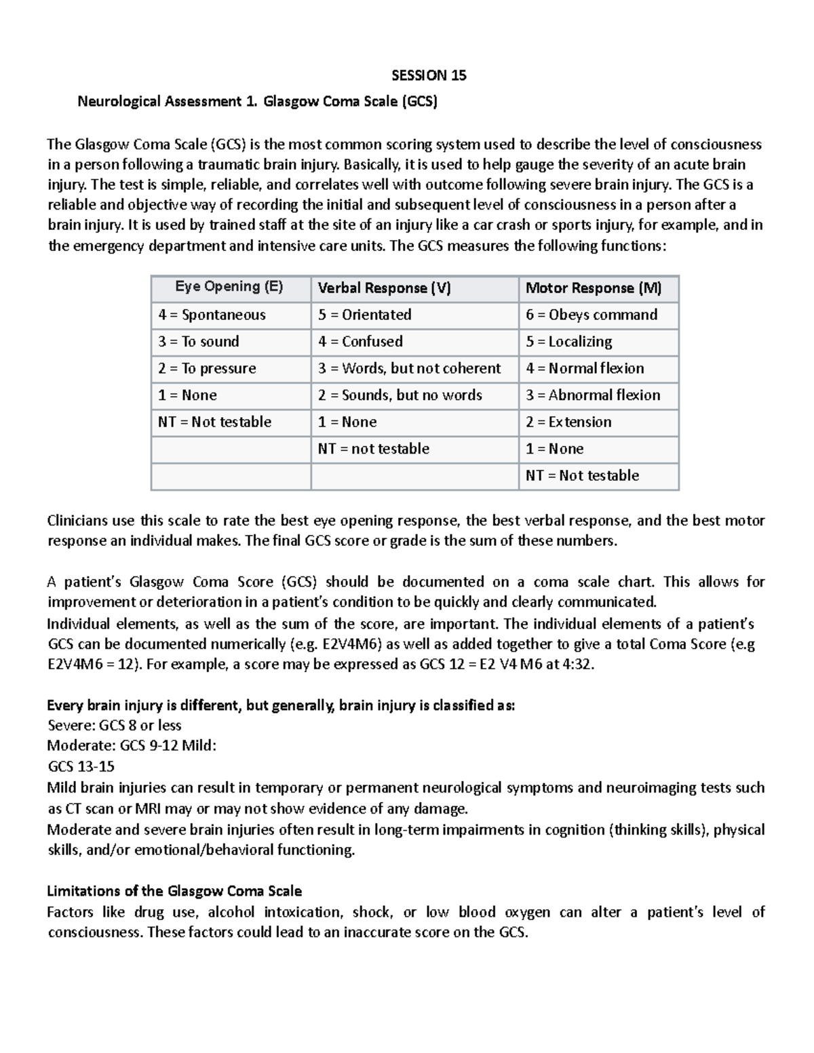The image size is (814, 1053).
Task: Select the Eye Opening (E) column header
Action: point(229,287)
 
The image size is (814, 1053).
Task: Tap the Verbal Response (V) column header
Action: point(384,288)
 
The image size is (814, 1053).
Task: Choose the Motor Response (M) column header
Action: point(593,288)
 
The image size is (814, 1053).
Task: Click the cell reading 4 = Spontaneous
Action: point(212,315)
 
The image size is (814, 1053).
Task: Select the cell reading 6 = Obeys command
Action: point(592,315)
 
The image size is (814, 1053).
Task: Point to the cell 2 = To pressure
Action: point(207,368)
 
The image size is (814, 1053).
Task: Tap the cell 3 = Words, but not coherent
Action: point(410,368)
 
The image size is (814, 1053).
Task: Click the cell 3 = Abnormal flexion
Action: point(593,395)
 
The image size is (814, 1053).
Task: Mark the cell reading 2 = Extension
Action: point(568,422)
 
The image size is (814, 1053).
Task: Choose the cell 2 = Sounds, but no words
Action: point(400,395)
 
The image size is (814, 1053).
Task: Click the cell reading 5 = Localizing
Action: point(568,342)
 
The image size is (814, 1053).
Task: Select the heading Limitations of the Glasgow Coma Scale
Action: point(174,890)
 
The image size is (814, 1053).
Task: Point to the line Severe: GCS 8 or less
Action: point(114,725)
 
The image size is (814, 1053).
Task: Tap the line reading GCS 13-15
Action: point(81,766)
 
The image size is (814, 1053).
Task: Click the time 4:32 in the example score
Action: point(577,664)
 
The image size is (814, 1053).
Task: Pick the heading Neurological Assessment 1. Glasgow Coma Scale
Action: point(258,102)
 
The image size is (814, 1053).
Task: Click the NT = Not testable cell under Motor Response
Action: point(582,475)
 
